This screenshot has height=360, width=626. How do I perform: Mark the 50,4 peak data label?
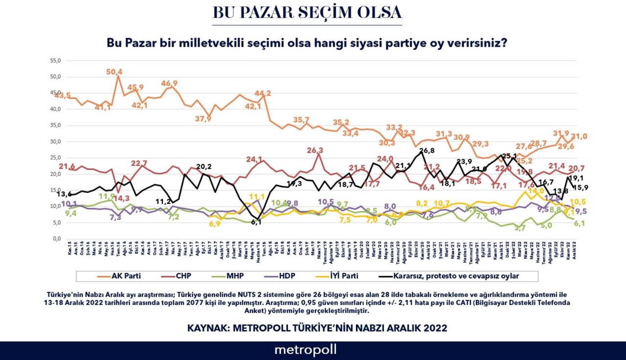pyautogui.click(x=114, y=71)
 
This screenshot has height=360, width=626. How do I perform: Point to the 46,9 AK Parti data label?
pyautogui.click(x=170, y=83)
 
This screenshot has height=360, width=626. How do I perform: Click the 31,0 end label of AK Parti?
pyautogui.click(x=579, y=136)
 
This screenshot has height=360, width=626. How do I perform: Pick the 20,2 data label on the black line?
pyautogui.click(x=204, y=166)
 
